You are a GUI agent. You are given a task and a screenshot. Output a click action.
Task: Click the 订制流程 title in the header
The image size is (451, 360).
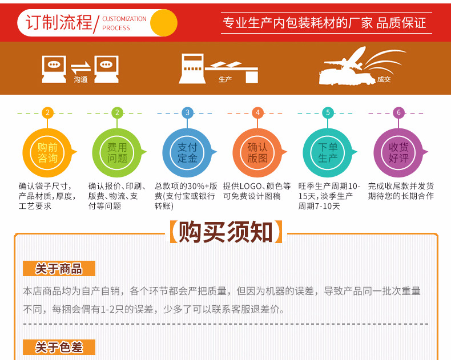[x=59, y=22]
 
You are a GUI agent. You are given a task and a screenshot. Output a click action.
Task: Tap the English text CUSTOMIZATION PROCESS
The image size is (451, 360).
[x=124, y=23]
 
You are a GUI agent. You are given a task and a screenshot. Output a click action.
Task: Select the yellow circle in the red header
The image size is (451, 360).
[x=163, y=22]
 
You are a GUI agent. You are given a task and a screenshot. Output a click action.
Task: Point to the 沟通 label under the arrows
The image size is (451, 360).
[x=80, y=80]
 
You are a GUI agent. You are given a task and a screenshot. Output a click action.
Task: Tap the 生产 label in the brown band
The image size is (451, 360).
[x=225, y=79]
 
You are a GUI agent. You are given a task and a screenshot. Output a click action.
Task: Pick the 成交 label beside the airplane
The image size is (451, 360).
[x=384, y=80]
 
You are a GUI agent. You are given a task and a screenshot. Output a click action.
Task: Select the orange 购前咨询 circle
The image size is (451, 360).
[x=48, y=152]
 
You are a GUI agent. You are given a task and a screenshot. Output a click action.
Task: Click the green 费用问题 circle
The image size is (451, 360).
[x=118, y=152]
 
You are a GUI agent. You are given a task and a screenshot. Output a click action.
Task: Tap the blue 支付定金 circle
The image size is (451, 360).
[x=187, y=152]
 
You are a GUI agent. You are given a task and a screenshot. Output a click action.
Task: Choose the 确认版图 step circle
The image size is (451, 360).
[x=257, y=152]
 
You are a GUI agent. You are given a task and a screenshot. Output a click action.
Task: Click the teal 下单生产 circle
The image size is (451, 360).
[x=328, y=152]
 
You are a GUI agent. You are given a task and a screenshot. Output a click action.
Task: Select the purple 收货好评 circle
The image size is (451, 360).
[x=398, y=152]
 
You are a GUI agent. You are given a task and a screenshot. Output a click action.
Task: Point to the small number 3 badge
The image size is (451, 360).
[x=187, y=112]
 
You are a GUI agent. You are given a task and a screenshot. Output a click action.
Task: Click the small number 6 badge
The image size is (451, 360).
[x=398, y=112]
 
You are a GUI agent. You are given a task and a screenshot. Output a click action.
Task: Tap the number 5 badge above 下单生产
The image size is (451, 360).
[x=328, y=112]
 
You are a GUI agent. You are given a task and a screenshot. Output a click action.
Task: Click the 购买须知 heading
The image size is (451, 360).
[x=226, y=232]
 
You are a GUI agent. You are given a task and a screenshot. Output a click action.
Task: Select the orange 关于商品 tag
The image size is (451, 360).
[x=59, y=269]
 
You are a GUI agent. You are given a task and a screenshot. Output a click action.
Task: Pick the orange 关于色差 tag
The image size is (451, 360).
[x=59, y=347]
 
